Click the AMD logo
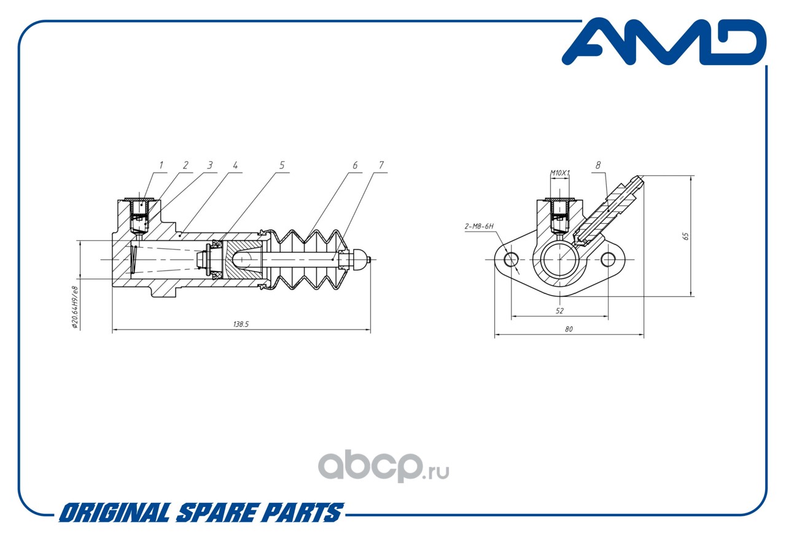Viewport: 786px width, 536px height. click(x=664, y=42)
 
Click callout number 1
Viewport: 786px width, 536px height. click(x=161, y=165)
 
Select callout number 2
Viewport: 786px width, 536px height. click(x=185, y=165)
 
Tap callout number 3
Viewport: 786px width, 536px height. click(x=209, y=165)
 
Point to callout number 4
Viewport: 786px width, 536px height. click(x=235, y=165)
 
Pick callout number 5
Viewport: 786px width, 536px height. click(x=282, y=165)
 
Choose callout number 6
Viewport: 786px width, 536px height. click(x=355, y=165)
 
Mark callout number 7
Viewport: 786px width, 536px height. click(x=381, y=165)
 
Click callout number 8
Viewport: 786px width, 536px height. click(x=598, y=165)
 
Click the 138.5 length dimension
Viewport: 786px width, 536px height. click(x=241, y=324)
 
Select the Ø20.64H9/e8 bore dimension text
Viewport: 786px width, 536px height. click(x=75, y=307)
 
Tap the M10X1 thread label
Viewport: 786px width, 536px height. click(x=559, y=173)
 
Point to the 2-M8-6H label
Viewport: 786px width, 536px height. click(x=480, y=227)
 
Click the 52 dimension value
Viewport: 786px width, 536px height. click(x=559, y=311)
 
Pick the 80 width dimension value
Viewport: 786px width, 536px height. click(x=569, y=329)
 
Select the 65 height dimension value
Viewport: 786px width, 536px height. click(x=686, y=236)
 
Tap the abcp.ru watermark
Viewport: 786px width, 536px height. click(x=383, y=465)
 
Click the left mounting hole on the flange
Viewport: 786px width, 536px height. click(x=511, y=259)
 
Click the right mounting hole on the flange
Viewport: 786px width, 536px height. click(x=608, y=259)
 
